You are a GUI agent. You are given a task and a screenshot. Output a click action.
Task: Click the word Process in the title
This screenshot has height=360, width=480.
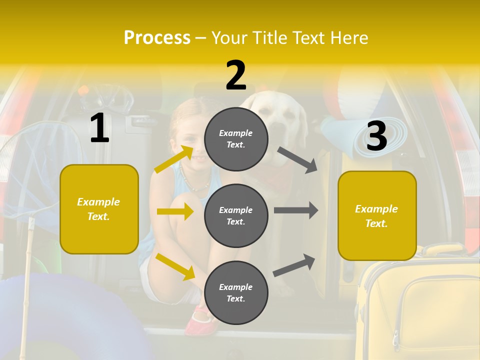click(x=157, y=37)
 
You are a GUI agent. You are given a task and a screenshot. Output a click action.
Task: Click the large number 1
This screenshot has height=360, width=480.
click(x=99, y=128)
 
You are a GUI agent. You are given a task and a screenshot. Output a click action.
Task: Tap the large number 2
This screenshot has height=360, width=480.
click(x=236, y=75)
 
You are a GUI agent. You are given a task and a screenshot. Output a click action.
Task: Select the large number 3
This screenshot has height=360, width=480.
click(x=376, y=136)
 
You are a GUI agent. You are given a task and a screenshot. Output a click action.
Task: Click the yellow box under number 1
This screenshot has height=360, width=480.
click(x=99, y=209)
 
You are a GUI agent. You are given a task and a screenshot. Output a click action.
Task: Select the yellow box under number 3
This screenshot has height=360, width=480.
click(x=377, y=216)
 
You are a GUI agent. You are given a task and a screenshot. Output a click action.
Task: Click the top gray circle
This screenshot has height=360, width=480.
click(x=236, y=139)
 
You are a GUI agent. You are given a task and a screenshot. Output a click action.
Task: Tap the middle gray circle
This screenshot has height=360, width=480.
click(x=236, y=216)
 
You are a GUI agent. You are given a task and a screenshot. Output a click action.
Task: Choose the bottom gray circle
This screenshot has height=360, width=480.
click(x=236, y=292)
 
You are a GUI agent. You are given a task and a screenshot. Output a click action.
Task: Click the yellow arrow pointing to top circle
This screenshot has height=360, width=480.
click(x=174, y=159)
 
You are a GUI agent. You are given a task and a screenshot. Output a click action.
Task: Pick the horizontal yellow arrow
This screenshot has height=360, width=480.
click(x=175, y=211)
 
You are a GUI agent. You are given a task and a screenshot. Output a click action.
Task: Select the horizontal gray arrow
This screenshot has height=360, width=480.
click(x=296, y=210)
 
